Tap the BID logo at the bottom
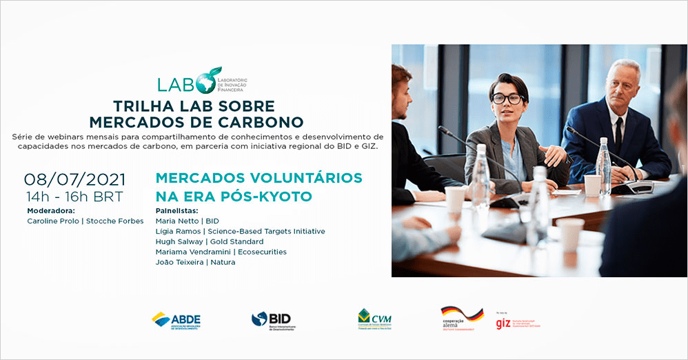[272, 321]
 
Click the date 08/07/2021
[75, 179]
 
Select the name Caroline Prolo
[54, 221]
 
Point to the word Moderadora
[50, 210]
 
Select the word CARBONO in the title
[264, 122]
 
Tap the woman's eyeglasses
[507, 99]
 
